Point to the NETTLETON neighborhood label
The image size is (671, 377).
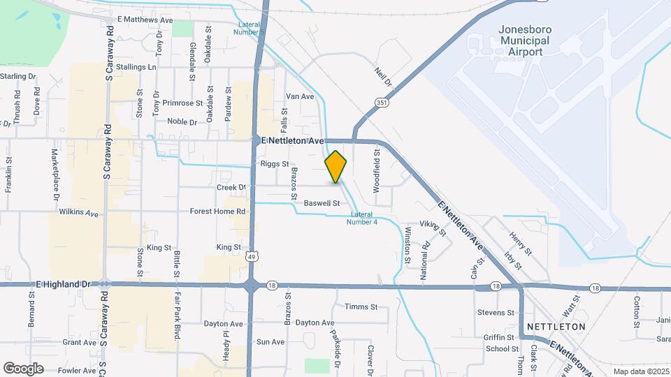556,326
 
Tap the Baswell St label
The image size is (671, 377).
322,204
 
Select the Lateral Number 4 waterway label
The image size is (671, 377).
363,218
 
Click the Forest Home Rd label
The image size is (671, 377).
218,211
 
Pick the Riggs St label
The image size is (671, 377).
274,164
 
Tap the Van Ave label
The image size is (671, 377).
300,96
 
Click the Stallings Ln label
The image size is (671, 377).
136,67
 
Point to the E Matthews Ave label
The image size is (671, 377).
145,20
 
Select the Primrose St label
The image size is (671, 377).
182,103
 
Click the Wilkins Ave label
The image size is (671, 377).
79,212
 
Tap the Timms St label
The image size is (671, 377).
361,306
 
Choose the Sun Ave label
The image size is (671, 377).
270,342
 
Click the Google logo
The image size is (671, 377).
23,368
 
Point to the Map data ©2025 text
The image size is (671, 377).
640,371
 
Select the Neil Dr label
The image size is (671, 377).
384,77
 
